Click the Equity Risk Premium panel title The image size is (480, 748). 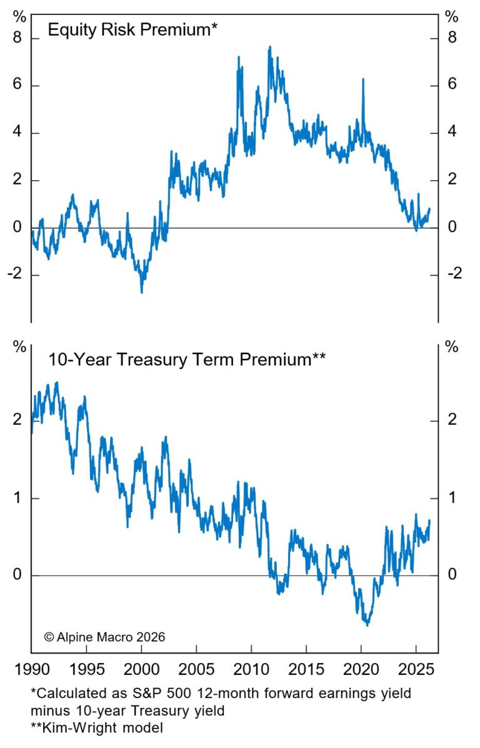(132, 29)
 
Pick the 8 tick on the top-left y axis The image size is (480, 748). (17, 38)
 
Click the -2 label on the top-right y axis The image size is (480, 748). (454, 275)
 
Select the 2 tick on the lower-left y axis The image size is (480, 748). (17, 420)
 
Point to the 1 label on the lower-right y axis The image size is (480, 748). (451, 498)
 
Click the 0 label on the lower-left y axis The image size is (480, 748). (17, 575)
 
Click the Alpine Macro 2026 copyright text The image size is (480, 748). (104, 637)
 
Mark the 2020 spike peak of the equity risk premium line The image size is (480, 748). (363, 79)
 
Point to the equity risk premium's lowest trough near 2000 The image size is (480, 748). (141, 291)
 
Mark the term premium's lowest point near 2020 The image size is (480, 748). (367, 625)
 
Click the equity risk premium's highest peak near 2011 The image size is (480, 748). (269, 47)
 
